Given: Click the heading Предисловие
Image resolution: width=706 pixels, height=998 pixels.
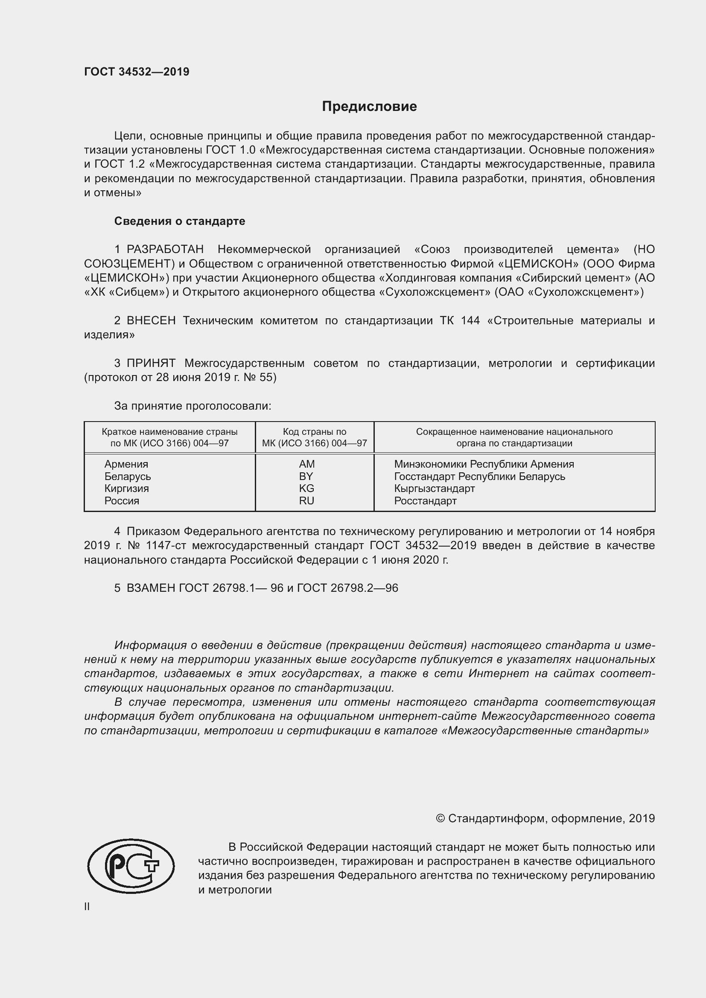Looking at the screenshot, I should click(369, 107).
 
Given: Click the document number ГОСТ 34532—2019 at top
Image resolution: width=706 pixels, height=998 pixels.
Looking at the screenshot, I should click(137, 72).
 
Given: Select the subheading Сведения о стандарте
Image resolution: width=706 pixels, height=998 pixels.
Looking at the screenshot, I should click(180, 221).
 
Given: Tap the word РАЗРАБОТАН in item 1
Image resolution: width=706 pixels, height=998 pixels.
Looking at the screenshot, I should click(165, 250).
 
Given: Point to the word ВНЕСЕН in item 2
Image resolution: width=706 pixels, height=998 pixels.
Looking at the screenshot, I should click(151, 321).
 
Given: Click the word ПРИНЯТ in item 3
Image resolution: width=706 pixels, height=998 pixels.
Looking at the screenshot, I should click(151, 364).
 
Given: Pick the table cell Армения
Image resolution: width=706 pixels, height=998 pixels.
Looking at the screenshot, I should click(126, 464).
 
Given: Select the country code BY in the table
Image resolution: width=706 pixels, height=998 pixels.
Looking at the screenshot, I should click(306, 477).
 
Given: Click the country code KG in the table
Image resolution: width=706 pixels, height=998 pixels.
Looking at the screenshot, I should click(306, 489).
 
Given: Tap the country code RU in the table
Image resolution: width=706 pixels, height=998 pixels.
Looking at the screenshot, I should click(306, 501).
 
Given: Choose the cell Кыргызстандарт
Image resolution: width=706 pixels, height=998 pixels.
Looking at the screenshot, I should click(434, 489).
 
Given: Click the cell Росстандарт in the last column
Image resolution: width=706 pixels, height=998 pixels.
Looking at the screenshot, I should click(425, 501).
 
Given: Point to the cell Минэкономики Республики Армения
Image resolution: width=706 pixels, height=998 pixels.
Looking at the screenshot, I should click(484, 464).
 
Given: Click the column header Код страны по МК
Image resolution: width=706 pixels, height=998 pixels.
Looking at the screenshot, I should click(314, 437).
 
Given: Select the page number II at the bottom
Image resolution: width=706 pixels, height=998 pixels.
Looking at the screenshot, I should click(87, 906).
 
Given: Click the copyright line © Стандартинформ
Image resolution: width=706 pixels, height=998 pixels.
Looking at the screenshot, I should click(545, 818).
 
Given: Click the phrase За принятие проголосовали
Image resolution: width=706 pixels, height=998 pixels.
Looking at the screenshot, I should click(193, 406).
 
